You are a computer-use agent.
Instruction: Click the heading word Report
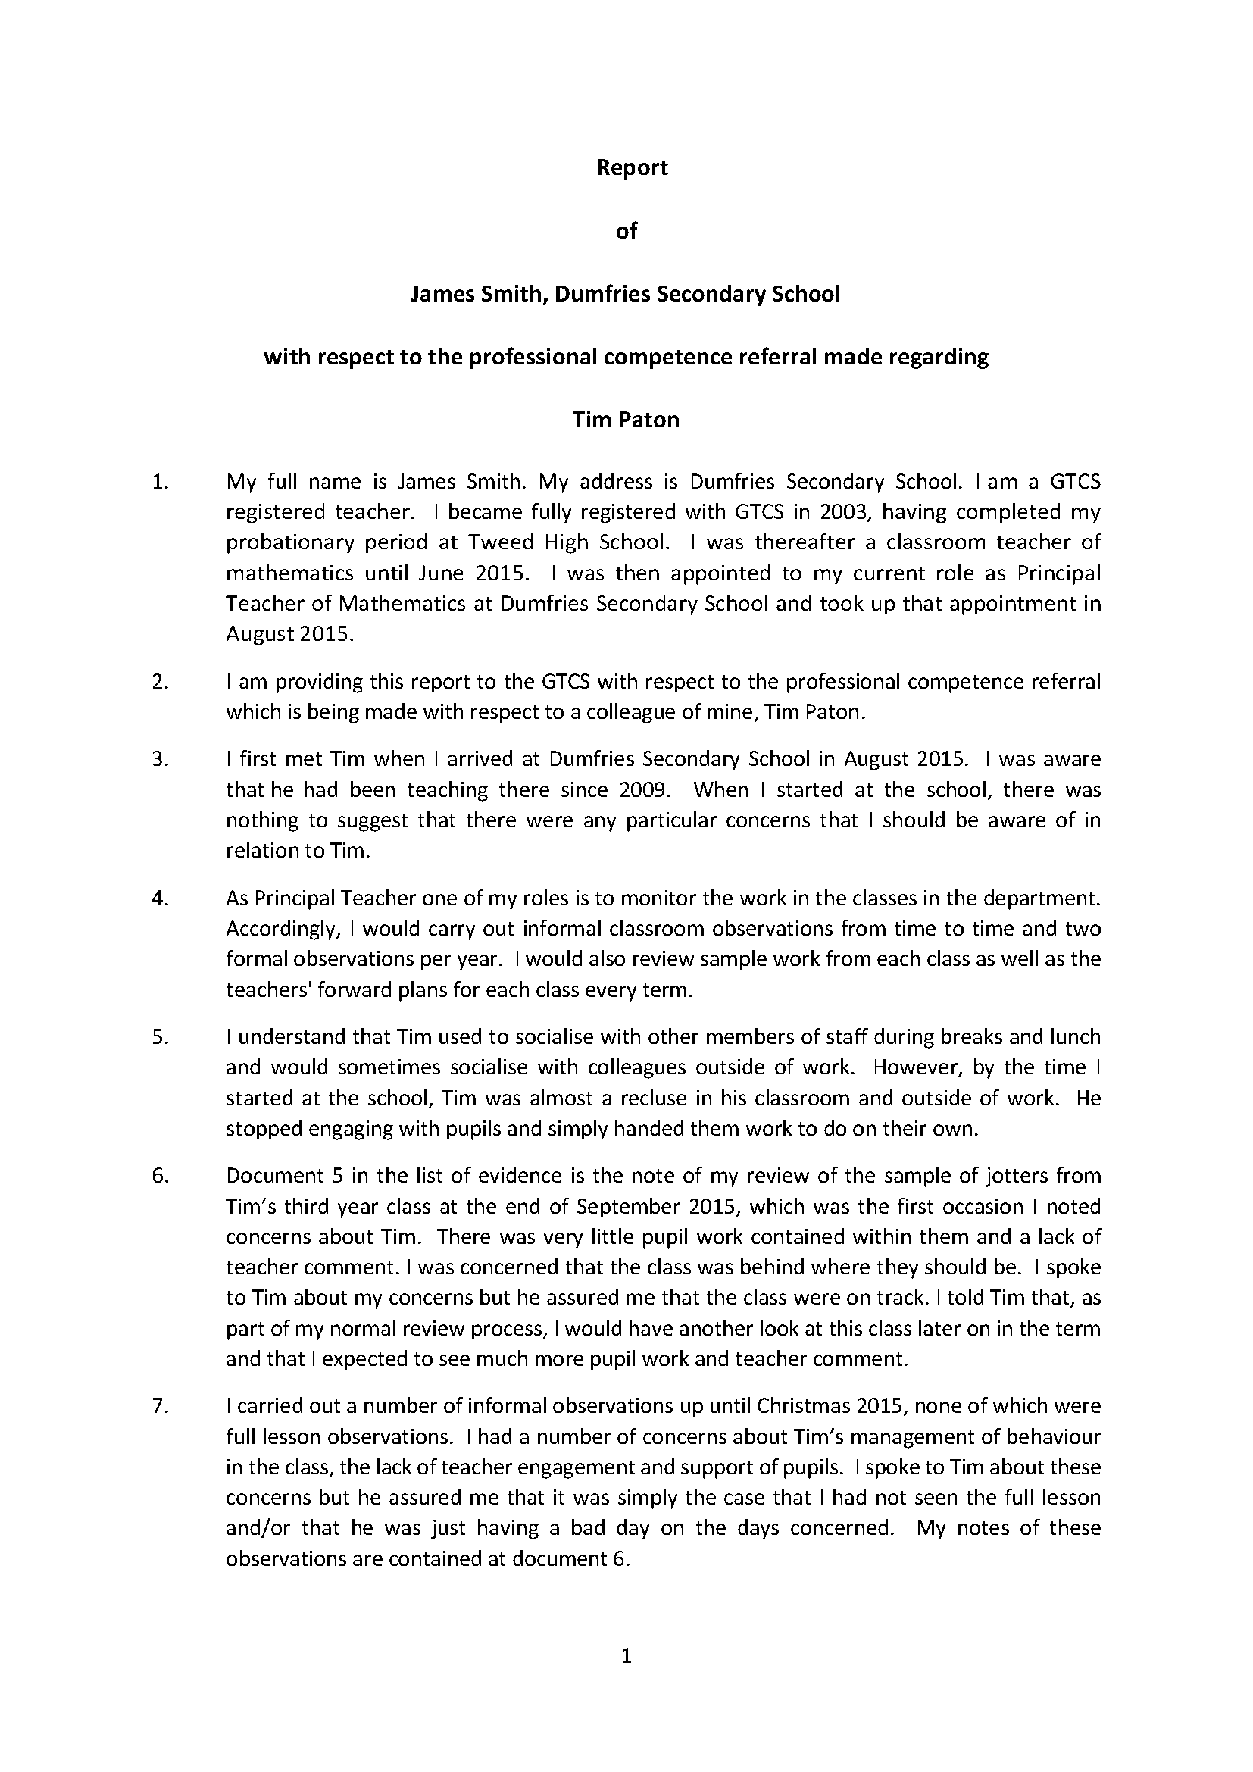tap(631, 167)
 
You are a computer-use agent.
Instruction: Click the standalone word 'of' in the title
tap(626, 231)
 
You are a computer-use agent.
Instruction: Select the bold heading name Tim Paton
tap(626, 420)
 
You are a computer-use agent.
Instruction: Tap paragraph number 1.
tap(160, 483)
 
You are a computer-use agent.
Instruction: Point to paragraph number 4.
tap(160, 899)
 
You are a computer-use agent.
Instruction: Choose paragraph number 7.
tap(160, 1406)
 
